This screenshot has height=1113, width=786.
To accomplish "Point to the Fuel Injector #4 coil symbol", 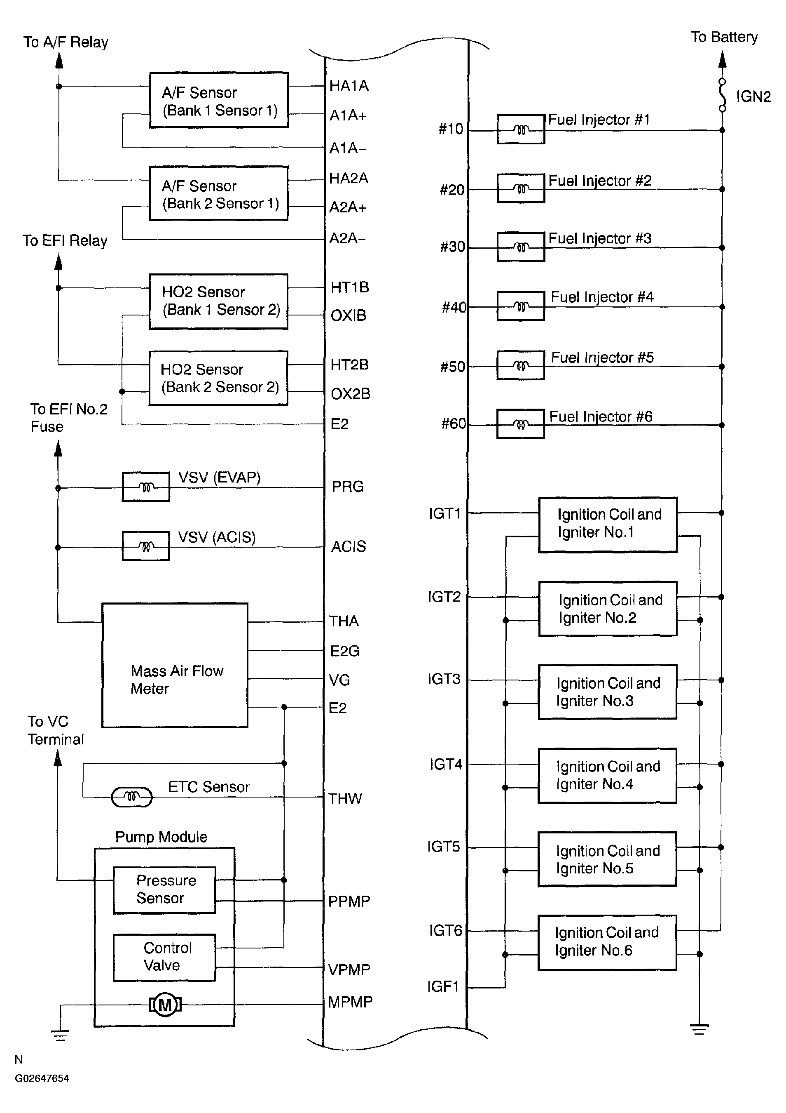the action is [x=521, y=306].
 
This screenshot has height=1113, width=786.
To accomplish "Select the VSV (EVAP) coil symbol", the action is [x=146, y=487].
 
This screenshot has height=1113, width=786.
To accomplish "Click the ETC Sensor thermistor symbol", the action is [x=132, y=796].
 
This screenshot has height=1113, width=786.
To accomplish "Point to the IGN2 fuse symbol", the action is [x=722, y=94].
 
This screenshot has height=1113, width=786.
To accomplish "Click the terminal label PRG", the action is [x=347, y=487].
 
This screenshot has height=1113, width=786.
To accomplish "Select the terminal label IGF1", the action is [x=442, y=986].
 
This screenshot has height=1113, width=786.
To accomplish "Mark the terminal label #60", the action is [x=453, y=424].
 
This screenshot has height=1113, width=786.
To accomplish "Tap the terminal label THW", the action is [x=345, y=799].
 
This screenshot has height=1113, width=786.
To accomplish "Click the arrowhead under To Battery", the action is [x=722, y=60].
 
